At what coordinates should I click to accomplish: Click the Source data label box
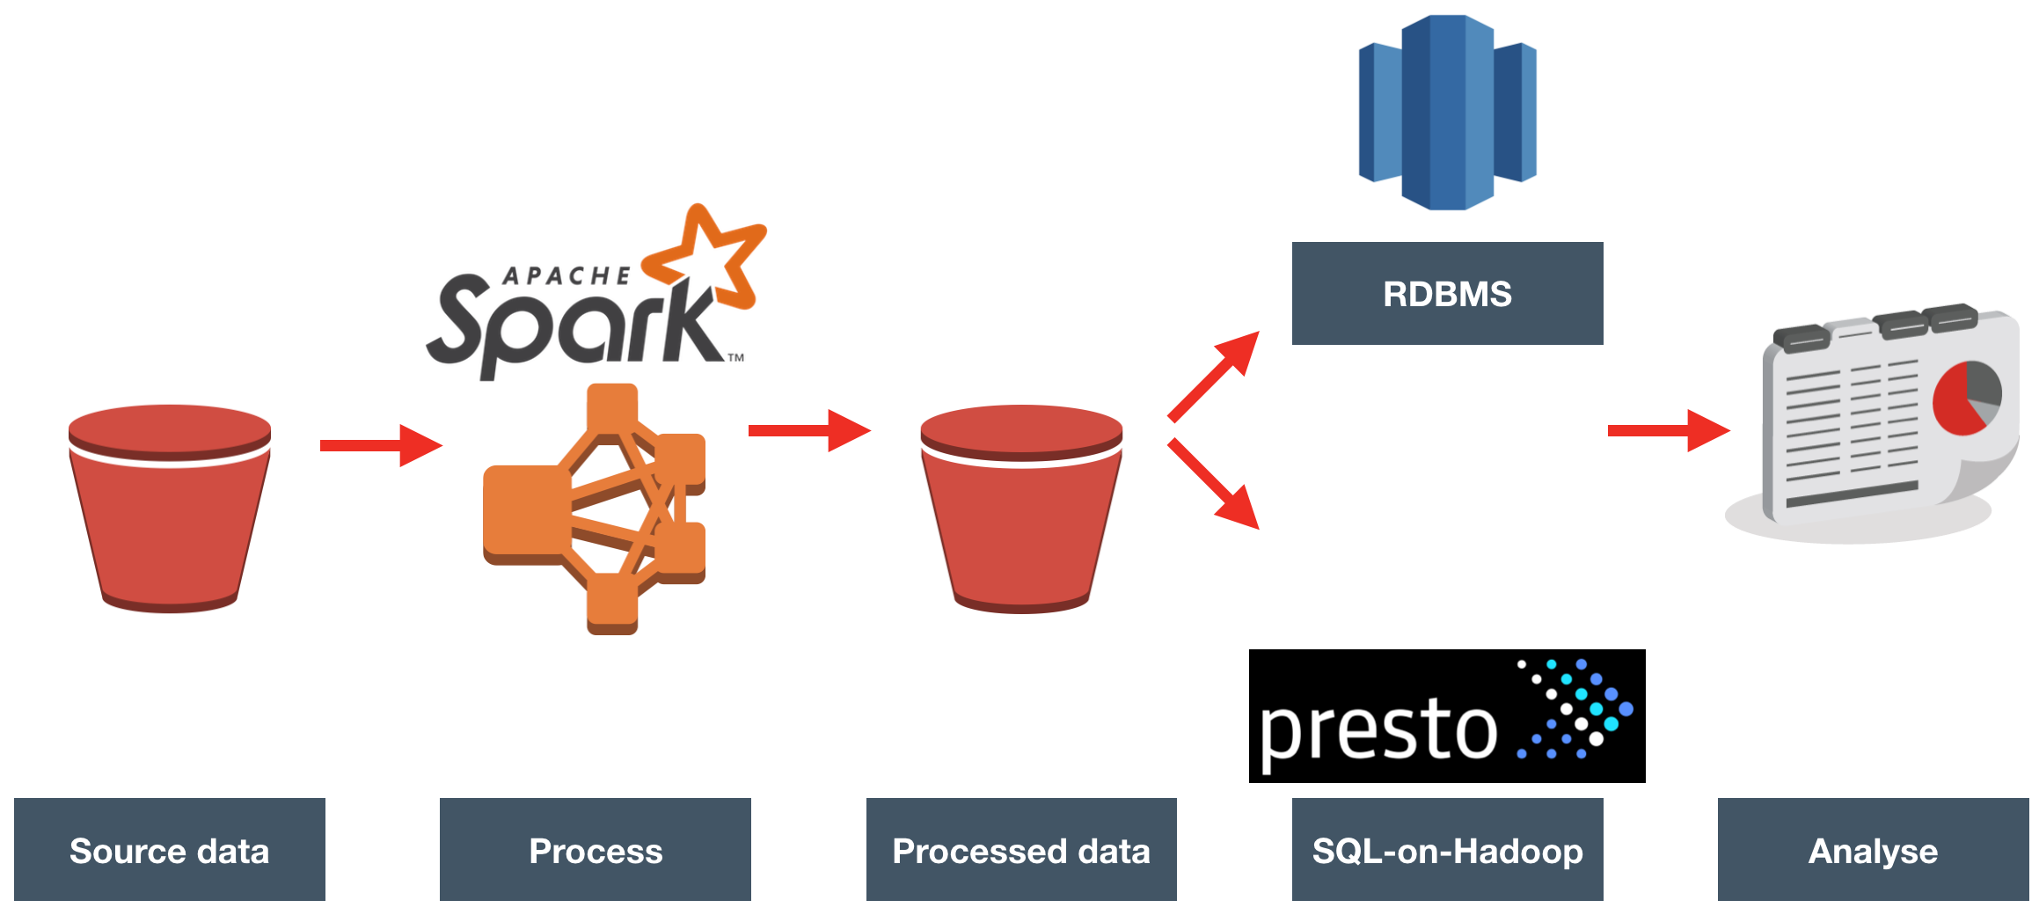pyautogui.click(x=169, y=850)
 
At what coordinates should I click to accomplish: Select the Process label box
pyautogui.click(x=596, y=850)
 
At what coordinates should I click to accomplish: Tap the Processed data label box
pyautogui.click(x=1021, y=850)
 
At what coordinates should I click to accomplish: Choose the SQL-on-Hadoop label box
pyautogui.click(x=1447, y=850)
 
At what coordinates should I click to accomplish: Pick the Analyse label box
pyautogui.click(x=1873, y=850)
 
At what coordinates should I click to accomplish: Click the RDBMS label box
pyautogui.click(x=1447, y=293)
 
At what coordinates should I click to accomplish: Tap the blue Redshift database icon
pyautogui.click(x=1448, y=113)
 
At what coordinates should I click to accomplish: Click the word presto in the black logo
pyautogui.click(x=1378, y=728)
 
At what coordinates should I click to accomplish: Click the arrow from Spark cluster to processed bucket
pyautogui.click(x=808, y=430)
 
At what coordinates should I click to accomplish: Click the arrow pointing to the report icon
pyautogui.click(x=1668, y=430)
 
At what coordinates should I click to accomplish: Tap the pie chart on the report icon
pyautogui.click(x=1967, y=398)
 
